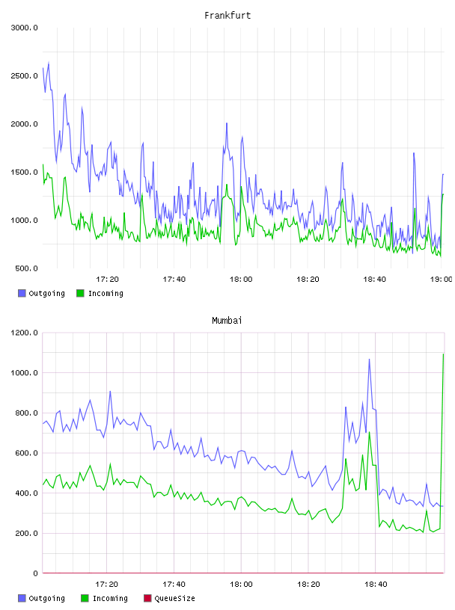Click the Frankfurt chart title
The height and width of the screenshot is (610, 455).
pyautogui.click(x=227, y=16)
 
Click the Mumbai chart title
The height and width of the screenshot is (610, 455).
pyautogui.click(x=227, y=321)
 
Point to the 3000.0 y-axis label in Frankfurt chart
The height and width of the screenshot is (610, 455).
pyautogui.click(x=24, y=28)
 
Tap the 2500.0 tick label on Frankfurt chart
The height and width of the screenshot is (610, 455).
pyautogui.click(x=24, y=76)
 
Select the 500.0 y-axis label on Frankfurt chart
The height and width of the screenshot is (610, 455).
pyautogui.click(x=26, y=268)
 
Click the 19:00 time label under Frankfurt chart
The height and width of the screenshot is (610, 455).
pyautogui.click(x=441, y=280)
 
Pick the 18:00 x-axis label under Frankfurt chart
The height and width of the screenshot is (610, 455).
pyautogui.click(x=241, y=280)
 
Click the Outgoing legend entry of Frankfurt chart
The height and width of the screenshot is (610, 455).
pyautogui.click(x=42, y=293)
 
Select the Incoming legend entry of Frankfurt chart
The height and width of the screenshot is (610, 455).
pyautogui.click(x=100, y=293)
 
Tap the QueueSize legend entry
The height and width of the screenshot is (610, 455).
pyautogui.click(x=169, y=598)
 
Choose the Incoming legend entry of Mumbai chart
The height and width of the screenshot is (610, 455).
pyautogui.click(x=104, y=598)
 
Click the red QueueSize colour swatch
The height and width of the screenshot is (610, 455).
pyautogui.click(x=147, y=598)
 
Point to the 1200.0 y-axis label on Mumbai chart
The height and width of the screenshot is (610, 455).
pyautogui.click(x=24, y=333)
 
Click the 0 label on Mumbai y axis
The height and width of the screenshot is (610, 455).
pyautogui.click(x=35, y=573)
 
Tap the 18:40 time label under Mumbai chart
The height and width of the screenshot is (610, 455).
pyautogui.click(x=376, y=585)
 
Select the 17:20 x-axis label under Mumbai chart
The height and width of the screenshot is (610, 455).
pyautogui.click(x=106, y=585)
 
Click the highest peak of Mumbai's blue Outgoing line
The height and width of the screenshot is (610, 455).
pyautogui.click(x=369, y=360)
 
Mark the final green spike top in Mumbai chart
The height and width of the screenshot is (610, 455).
pyautogui.click(x=443, y=354)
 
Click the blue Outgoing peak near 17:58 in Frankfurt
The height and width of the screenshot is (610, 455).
pyautogui.click(x=227, y=123)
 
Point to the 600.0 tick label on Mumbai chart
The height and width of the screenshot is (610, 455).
pyautogui.click(x=26, y=453)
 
